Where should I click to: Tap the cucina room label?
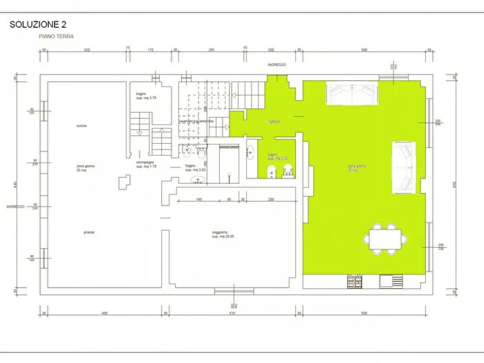[x=81, y=125]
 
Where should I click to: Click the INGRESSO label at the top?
[x=278, y=64]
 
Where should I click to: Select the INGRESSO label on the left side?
[x=16, y=207]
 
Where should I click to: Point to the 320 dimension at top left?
[x=87, y=50]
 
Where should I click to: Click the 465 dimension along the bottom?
[x=104, y=313]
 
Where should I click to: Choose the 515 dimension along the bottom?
[x=233, y=313]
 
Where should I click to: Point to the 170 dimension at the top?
[x=151, y=50]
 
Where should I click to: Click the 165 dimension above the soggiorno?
[x=198, y=199]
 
